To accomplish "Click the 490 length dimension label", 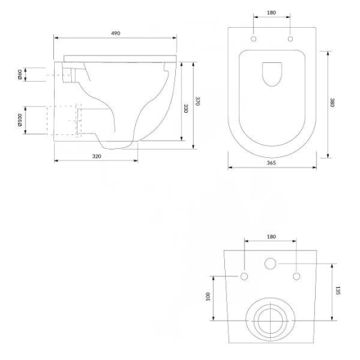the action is coord(116,33).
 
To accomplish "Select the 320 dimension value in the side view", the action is coord(97,156).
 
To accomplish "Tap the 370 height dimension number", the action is coord(197,101).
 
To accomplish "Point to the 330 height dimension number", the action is coord(186,109).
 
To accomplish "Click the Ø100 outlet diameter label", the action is coord(20,120).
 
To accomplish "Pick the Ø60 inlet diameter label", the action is coord(20,75).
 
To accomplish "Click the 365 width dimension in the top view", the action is coord(271,163).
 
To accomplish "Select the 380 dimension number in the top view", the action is coord(332,102).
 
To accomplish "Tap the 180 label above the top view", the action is coord(271,12).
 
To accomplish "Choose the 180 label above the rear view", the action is coord(271,237).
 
